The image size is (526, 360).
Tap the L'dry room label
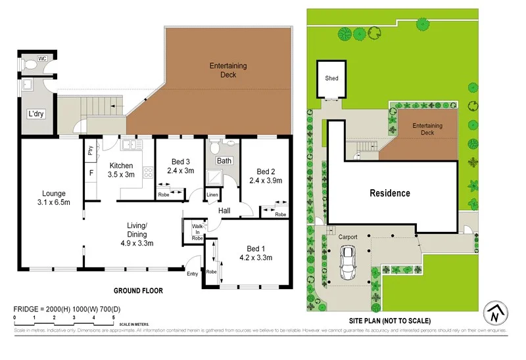point(36,114)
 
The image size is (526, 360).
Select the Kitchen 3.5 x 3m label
point(121,170)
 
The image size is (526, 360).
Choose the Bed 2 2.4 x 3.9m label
point(265,175)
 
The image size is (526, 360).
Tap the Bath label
point(224,160)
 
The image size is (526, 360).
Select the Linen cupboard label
point(212,195)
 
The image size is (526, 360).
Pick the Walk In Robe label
point(197,232)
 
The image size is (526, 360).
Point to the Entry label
point(193,274)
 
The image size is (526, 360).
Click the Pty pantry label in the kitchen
point(91,150)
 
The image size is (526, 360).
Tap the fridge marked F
point(91,173)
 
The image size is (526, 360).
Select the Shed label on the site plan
point(331,78)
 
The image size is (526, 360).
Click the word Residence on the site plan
point(389,193)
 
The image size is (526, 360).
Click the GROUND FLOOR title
point(138,290)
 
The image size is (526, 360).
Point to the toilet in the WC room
point(31,66)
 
